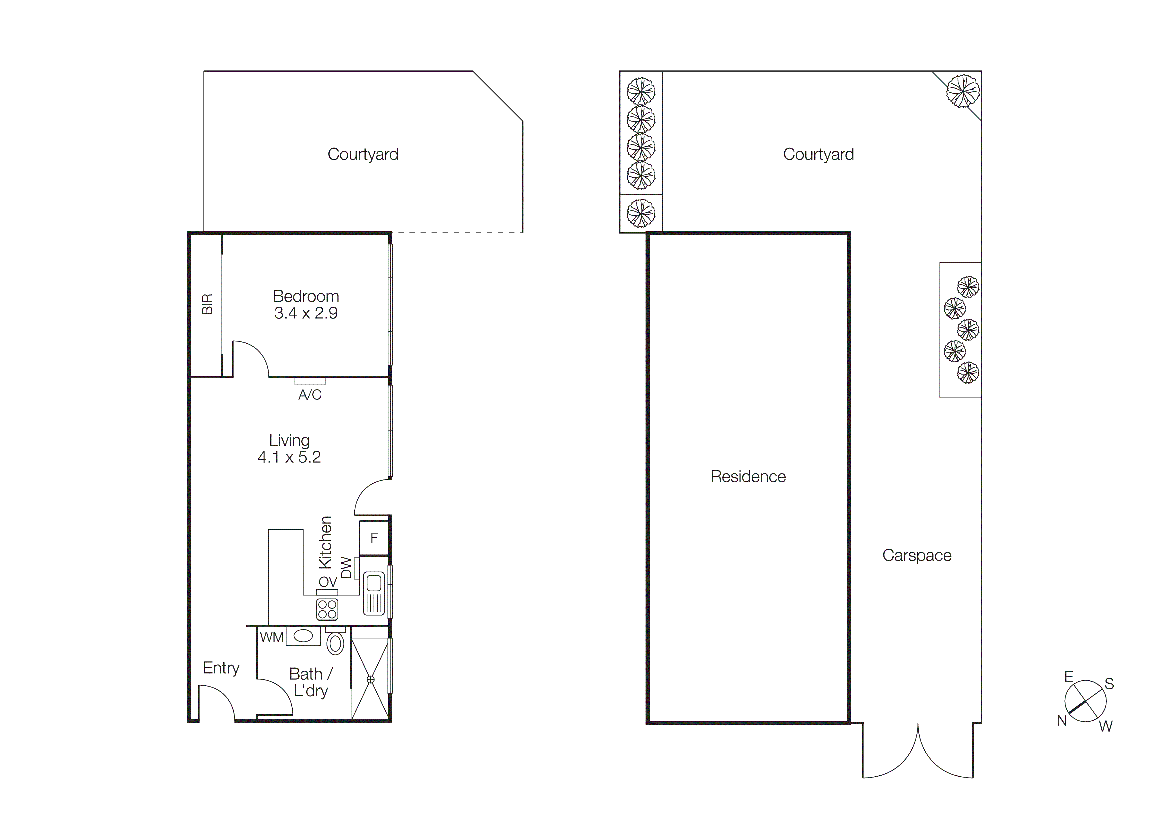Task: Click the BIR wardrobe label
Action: pyautogui.click(x=207, y=304)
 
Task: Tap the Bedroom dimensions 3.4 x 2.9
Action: pyautogui.click(x=306, y=313)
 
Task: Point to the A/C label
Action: pyautogui.click(x=310, y=394)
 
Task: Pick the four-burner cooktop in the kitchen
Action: pyautogui.click(x=327, y=609)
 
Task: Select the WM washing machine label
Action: pyautogui.click(x=271, y=637)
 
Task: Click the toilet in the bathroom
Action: pyautogui.click(x=335, y=643)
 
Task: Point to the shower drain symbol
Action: pyautogui.click(x=370, y=679)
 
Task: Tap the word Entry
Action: pyautogui.click(x=221, y=668)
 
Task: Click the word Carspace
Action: pyautogui.click(x=916, y=555)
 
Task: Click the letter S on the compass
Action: pyautogui.click(x=1109, y=684)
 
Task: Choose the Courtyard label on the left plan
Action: pyautogui.click(x=363, y=154)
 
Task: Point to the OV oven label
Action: pyautogui.click(x=327, y=582)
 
